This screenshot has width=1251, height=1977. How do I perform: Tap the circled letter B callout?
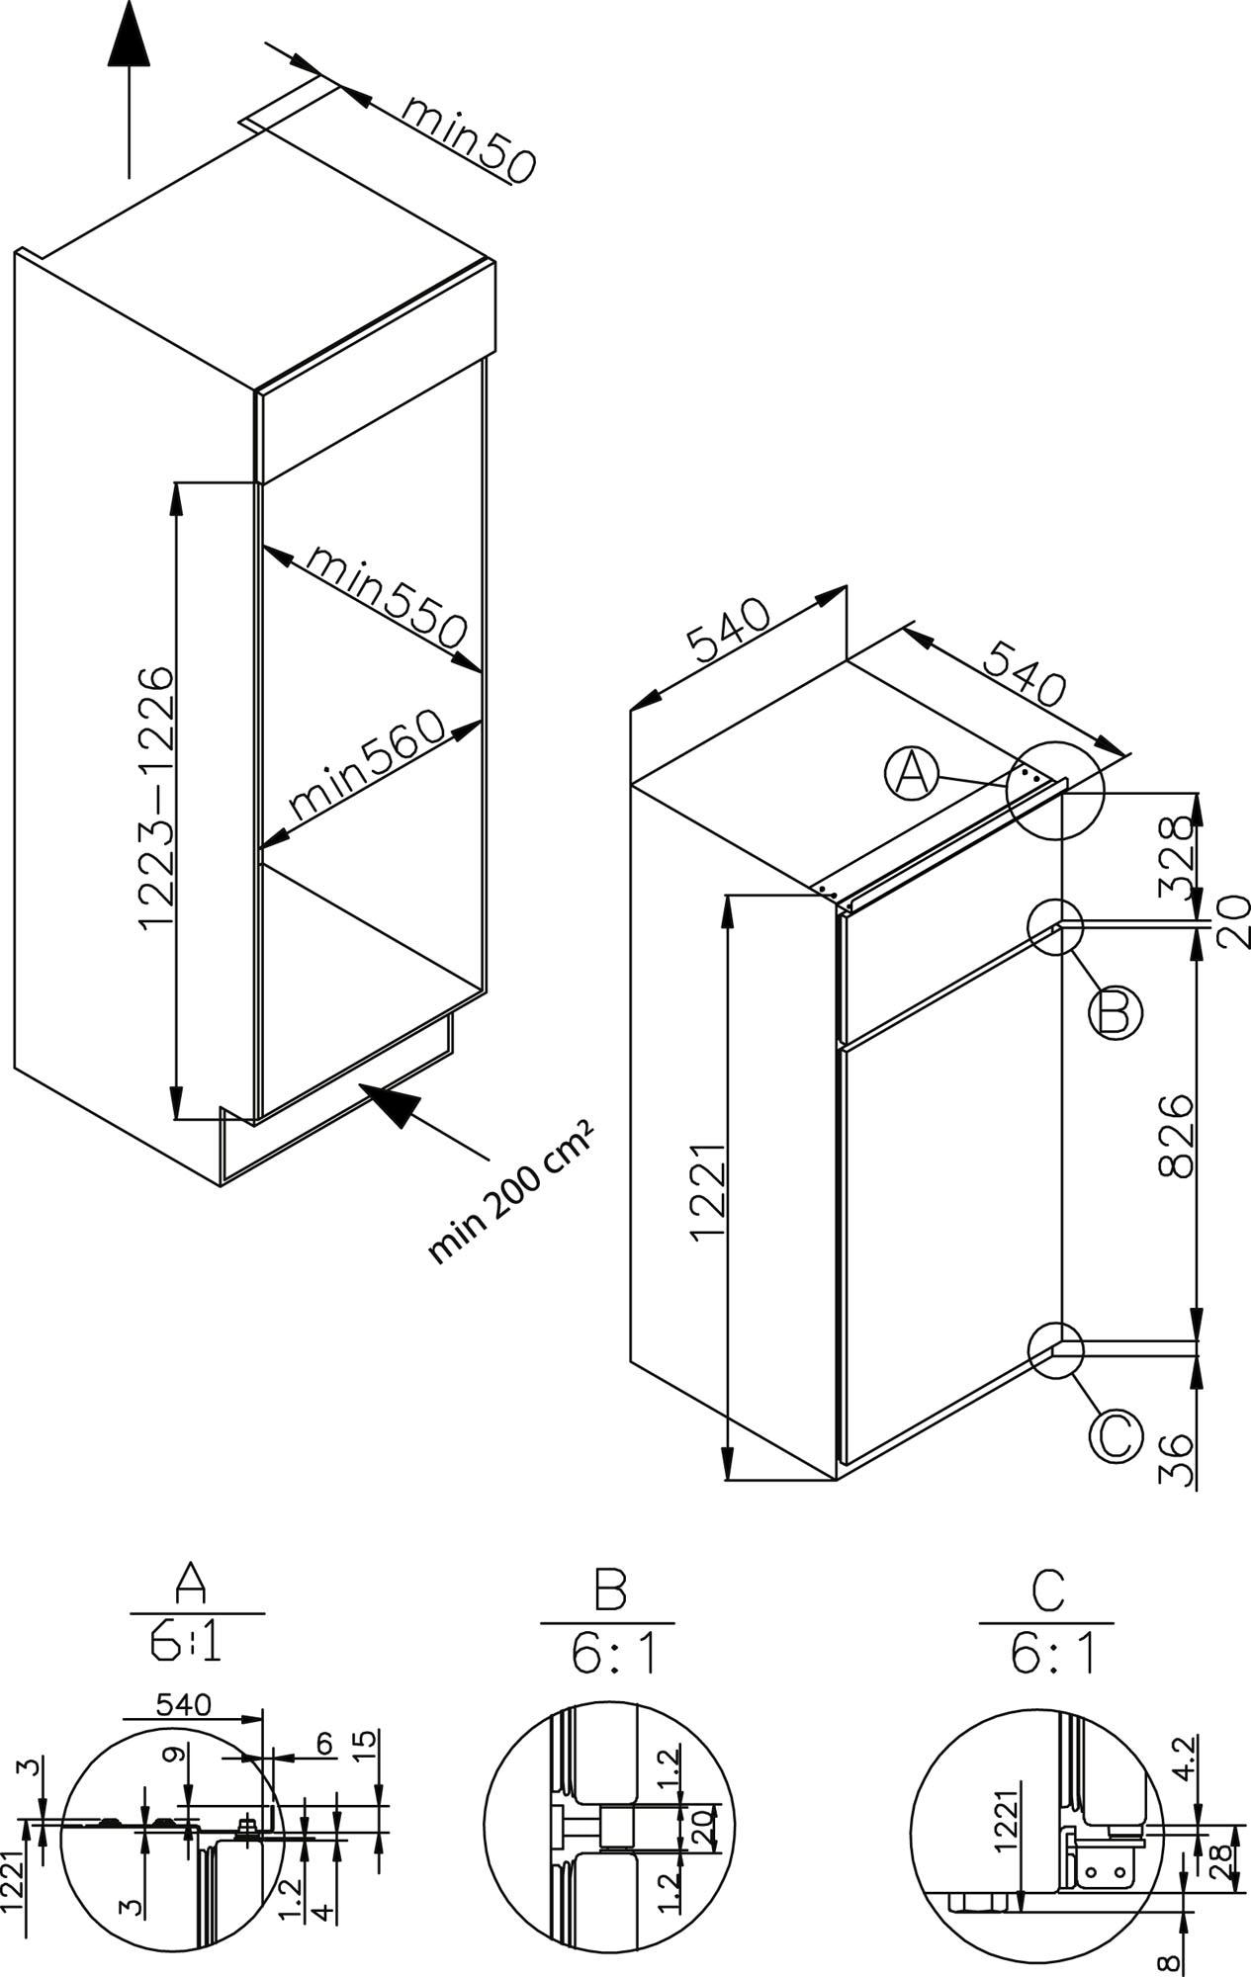[1116, 1013]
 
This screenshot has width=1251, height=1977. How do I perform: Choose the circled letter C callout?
[1116, 1436]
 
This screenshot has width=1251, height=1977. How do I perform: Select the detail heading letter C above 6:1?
[1047, 1589]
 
